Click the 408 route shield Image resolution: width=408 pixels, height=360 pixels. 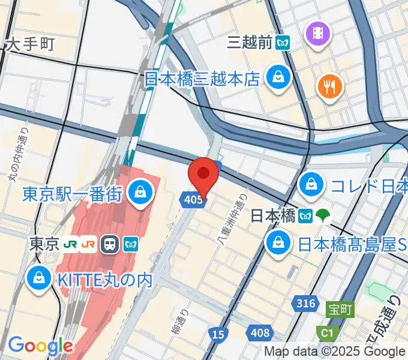point(260,333)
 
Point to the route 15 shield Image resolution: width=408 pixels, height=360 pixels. point(218,334)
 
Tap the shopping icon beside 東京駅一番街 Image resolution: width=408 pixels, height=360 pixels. point(140,193)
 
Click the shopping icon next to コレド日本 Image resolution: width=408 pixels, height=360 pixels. point(311,184)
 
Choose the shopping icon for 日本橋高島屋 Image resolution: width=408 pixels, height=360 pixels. point(278,244)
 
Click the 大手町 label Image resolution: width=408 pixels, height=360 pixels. point(29,44)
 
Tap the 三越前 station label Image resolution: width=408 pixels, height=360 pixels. point(250,43)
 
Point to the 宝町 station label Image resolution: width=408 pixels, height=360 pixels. point(340,310)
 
